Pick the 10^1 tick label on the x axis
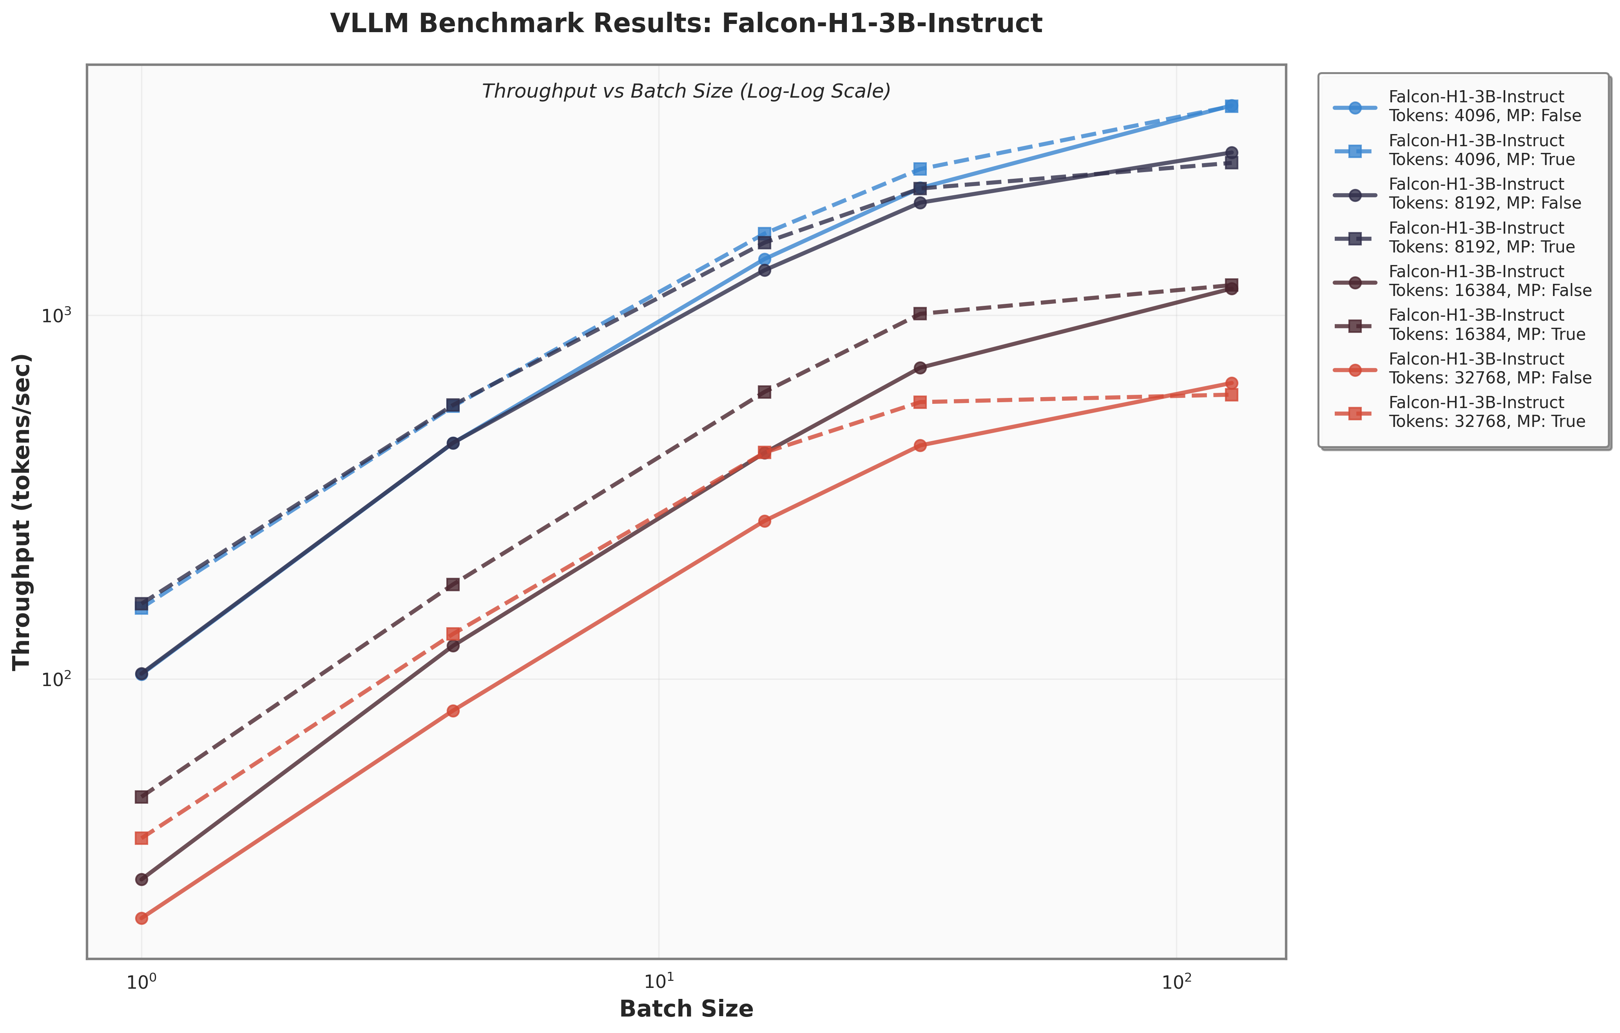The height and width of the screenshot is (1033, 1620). pos(659,982)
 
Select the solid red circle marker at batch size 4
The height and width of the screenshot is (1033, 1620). pos(453,711)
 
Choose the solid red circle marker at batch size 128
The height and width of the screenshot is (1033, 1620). pos(1231,383)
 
